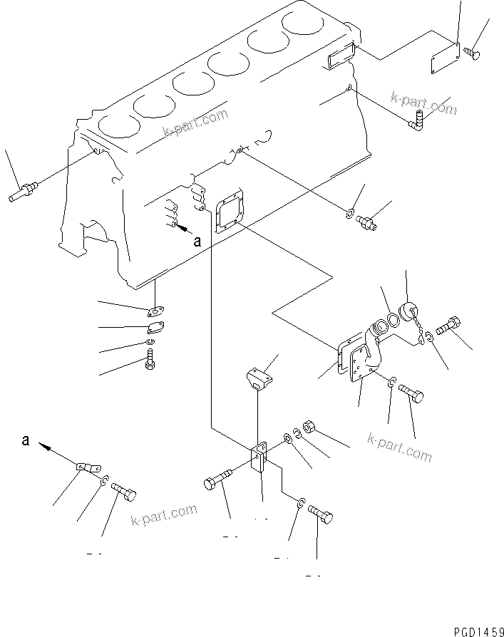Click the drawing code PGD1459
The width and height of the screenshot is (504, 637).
[478, 631]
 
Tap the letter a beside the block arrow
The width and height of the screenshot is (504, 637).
[197, 242]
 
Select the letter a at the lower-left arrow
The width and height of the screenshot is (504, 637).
[26, 441]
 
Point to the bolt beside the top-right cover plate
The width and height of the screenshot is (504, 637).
[473, 51]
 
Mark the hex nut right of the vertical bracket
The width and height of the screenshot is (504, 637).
[309, 427]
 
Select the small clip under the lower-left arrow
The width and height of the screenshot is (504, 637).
[87, 467]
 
